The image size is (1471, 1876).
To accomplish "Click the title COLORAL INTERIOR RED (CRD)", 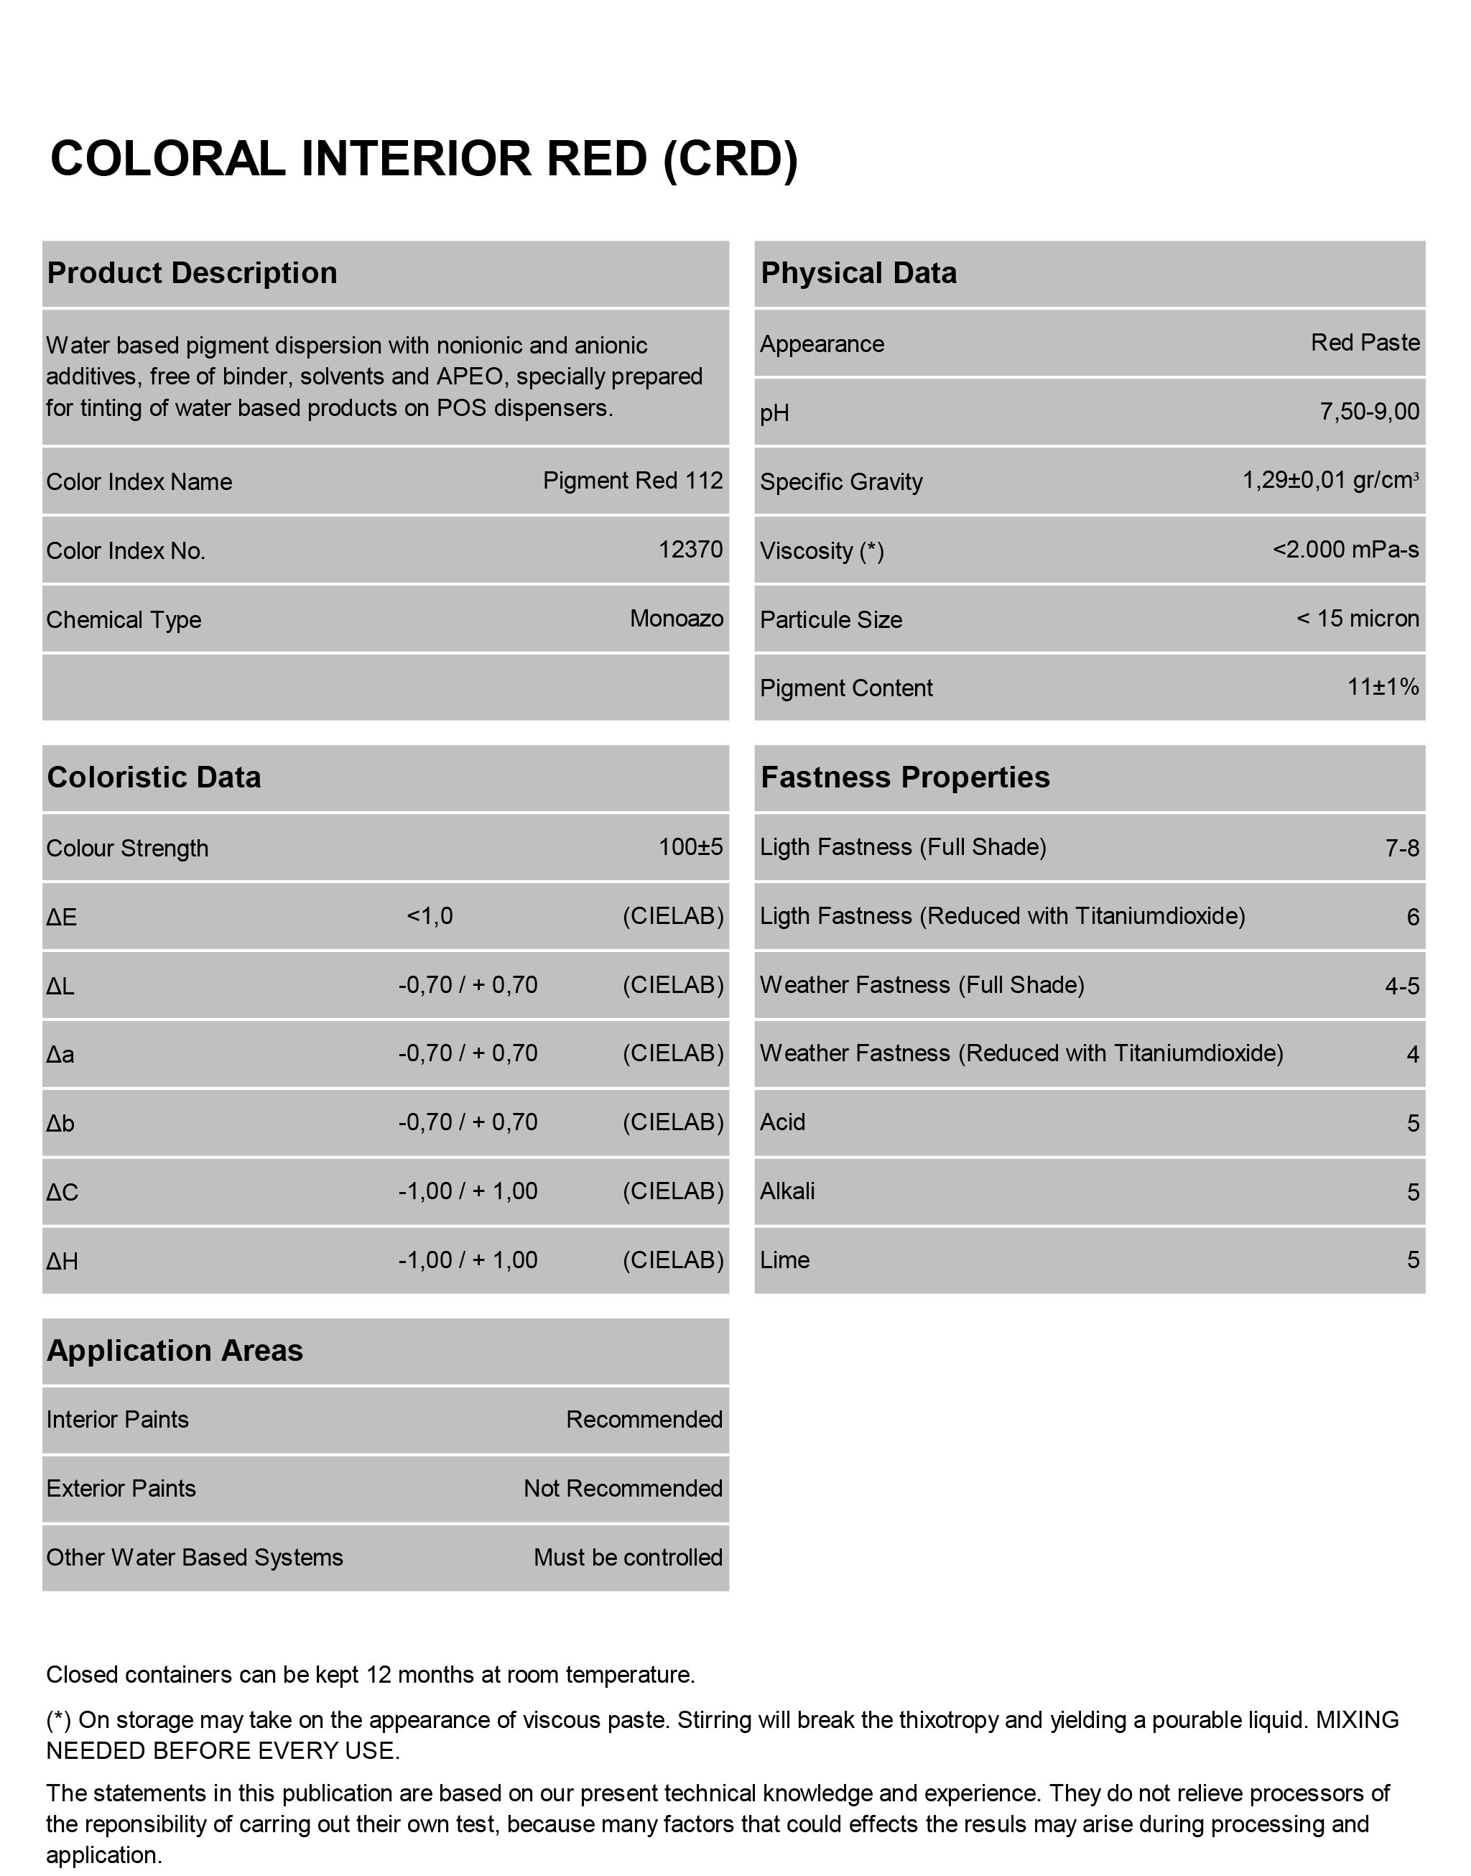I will tap(424, 160).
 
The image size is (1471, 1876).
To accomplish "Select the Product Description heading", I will tap(192, 273).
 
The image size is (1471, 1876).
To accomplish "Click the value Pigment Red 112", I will tap(633, 481).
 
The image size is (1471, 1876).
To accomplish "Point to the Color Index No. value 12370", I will tap(691, 550).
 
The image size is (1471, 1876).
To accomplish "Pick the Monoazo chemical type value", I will tap(676, 619).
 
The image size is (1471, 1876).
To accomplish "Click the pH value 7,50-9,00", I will tap(1370, 412).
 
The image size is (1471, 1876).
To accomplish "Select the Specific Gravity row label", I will tap(840, 481).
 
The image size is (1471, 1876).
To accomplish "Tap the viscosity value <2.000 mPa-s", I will tap(1346, 550).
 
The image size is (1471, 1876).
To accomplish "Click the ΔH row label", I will tap(62, 1262).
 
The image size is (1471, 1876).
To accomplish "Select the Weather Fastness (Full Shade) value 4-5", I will tap(1402, 985).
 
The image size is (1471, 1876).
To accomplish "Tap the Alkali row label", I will tap(787, 1191).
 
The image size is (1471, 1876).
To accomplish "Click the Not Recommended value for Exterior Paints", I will tap(623, 1489).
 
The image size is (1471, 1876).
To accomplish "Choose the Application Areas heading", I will tap(175, 1351).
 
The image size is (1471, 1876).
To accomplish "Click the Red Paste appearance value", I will tap(1365, 343).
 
